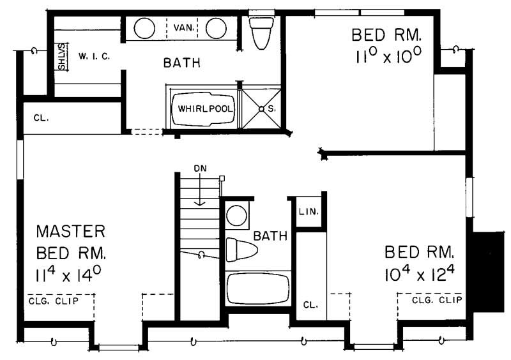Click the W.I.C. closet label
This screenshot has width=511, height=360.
tap(95, 56)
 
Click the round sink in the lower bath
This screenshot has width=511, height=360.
tap(237, 216)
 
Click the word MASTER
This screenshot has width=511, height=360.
tap(70, 230)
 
